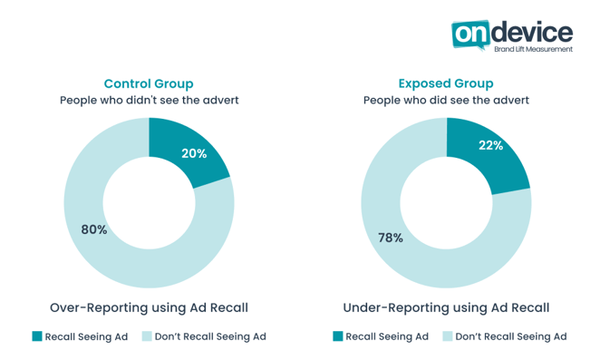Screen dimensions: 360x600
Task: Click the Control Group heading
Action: [x=149, y=83]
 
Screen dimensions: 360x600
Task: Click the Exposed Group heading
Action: [x=446, y=83]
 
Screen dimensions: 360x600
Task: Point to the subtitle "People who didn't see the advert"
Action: [x=149, y=100]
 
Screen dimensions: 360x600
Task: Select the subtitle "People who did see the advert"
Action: [x=446, y=100]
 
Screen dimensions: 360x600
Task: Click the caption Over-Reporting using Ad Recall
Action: [x=149, y=307]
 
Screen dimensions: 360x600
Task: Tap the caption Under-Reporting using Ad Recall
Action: [x=446, y=307]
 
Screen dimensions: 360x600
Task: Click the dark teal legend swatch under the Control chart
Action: [x=37, y=336]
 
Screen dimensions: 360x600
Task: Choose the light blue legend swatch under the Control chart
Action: [x=146, y=336]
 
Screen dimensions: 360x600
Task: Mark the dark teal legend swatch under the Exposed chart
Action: [x=337, y=336]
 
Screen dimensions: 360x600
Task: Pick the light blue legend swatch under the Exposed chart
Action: [x=447, y=336]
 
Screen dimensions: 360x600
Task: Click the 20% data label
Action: [x=194, y=153]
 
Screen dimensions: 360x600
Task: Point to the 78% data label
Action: [x=391, y=238]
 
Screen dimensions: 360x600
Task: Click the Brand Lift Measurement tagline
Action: [x=538, y=50]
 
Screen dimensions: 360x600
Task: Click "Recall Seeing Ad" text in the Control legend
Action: [x=87, y=336]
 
